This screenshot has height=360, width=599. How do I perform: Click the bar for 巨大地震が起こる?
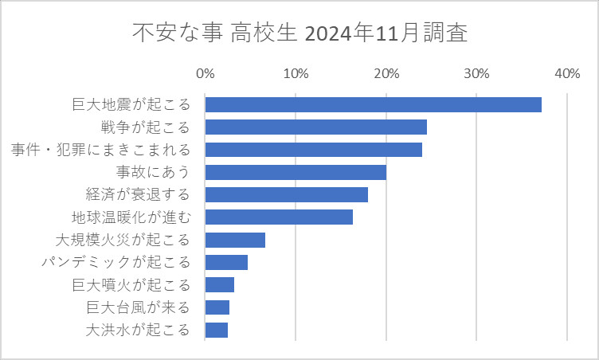pos(373,104)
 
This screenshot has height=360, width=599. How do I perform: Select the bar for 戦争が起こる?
pos(315,127)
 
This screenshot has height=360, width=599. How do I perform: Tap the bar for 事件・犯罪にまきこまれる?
pos(313,150)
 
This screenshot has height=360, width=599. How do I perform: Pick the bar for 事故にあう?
pos(296,172)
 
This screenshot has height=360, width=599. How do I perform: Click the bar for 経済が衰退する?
pos(286,194)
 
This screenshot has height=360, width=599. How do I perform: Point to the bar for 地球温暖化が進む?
pos(279,217)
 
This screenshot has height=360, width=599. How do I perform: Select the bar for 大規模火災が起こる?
pos(235,240)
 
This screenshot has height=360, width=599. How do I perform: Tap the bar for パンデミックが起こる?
pos(226,262)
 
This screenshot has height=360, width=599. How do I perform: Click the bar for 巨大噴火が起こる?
pos(219,285)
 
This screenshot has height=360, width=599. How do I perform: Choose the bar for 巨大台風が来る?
pos(217,307)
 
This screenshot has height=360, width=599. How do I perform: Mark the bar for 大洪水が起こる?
pos(216,330)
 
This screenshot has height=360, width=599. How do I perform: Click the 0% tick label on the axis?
pos(205,74)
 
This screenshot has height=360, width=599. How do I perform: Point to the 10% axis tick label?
pos(296,74)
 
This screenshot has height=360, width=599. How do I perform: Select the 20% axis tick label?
pos(386,74)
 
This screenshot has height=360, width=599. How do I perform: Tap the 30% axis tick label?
pos(476,74)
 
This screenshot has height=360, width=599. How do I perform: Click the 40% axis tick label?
pos(567,74)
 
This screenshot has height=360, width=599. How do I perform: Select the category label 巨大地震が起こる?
pos(131,104)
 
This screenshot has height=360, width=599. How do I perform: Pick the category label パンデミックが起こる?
pos(116,262)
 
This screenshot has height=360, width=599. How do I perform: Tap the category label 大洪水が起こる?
pos(138,330)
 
